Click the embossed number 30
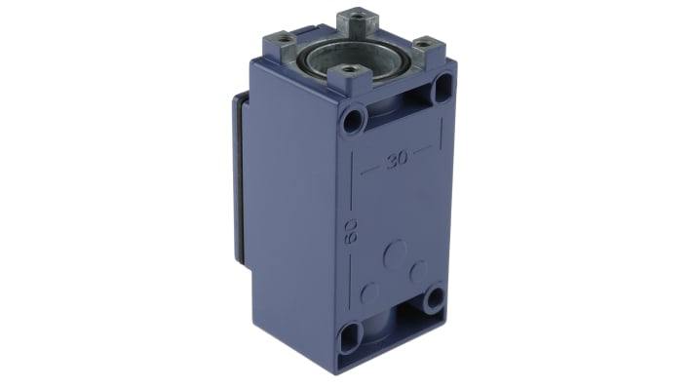[398, 160]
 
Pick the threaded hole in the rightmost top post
[422, 44]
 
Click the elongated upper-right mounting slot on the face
[442, 88]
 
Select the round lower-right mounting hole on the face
[435, 298]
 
